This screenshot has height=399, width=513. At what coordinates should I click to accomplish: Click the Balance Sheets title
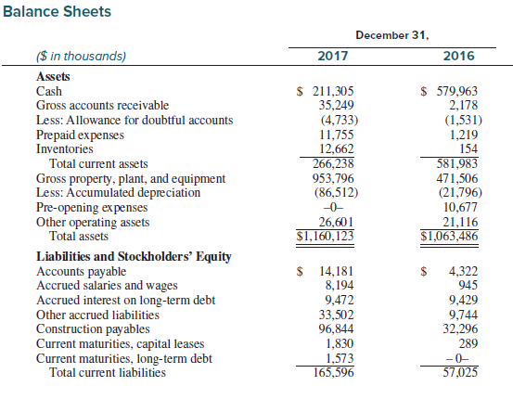[x=57, y=11]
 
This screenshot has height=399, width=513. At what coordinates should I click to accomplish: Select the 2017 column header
[x=333, y=56]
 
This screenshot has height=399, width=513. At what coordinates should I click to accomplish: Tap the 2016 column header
[x=458, y=56]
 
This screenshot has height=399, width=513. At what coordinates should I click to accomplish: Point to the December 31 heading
[x=392, y=35]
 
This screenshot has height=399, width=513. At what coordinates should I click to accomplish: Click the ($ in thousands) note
[x=81, y=57]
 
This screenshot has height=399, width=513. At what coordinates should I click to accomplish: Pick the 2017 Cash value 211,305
[x=333, y=91]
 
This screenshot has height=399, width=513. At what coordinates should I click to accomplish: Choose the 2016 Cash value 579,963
[x=457, y=91]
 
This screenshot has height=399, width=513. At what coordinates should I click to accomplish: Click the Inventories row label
[x=65, y=149]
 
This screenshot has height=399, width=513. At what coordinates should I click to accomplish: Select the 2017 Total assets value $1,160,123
[x=326, y=236]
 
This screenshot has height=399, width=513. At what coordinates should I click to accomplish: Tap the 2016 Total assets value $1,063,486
[x=449, y=236]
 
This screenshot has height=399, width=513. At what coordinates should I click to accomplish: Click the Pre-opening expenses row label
[x=92, y=208]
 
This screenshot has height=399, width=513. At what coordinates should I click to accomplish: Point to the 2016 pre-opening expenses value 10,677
[x=461, y=207]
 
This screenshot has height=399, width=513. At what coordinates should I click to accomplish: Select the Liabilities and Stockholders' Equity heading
[x=134, y=257]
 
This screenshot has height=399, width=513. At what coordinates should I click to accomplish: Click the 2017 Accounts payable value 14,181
[x=337, y=271]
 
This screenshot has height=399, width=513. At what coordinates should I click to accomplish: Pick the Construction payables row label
[x=93, y=329]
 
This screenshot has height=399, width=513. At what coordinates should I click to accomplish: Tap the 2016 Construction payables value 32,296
[x=461, y=328]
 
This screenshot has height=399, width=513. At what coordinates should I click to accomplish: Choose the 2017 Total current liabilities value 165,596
[x=334, y=372]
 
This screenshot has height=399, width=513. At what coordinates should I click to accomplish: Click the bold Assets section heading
[x=53, y=77]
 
